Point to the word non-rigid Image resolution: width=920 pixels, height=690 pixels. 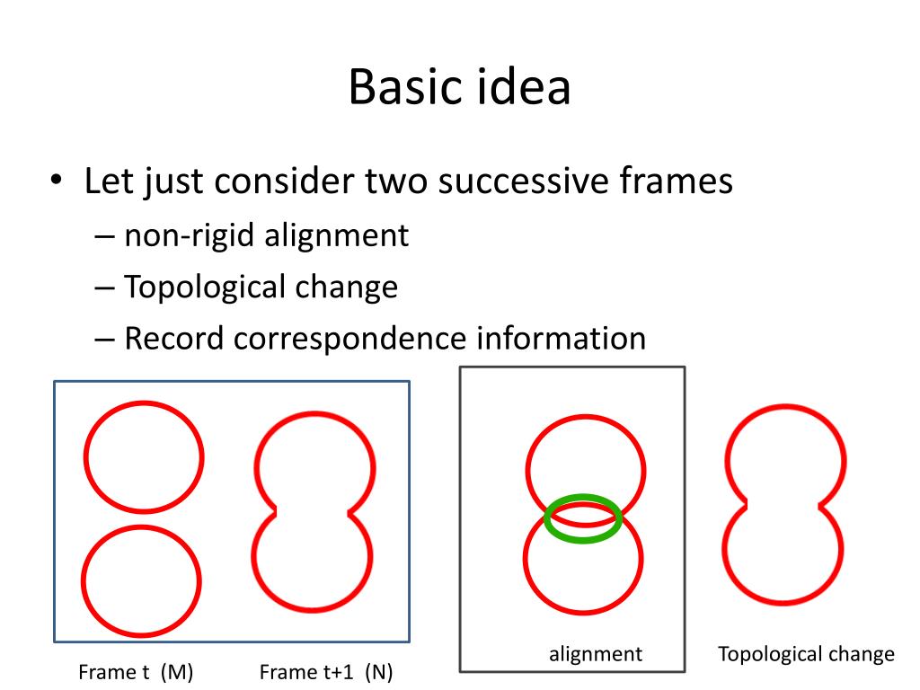pyautogui.click(x=190, y=235)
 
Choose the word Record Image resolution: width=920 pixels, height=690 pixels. pyautogui.click(x=174, y=339)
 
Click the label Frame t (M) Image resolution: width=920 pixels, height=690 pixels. pyautogui.click(x=137, y=672)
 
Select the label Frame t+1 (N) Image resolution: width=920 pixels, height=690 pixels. pyautogui.click(x=326, y=672)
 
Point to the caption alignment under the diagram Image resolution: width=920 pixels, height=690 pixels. pyautogui.click(x=596, y=654)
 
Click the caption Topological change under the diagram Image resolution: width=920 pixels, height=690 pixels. pyautogui.click(x=806, y=654)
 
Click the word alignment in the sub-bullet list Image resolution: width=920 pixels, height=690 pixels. pyautogui.click(x=336, y=235)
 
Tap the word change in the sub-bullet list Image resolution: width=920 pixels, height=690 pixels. pyautogui.click(x=346, y=287)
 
